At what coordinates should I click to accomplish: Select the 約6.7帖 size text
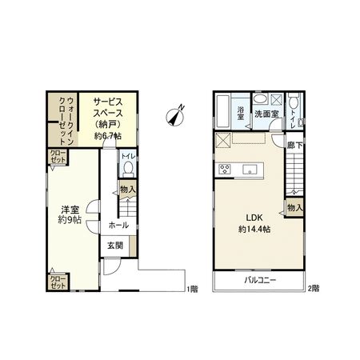[x=106, y=136]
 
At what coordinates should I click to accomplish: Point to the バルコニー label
[x=260, y=281]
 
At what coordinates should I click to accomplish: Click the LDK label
[x=254, y=217]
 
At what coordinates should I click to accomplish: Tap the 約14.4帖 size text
[x=254, y=229]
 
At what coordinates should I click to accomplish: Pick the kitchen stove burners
[x=225, y=169]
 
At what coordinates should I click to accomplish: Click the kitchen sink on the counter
[x=249, y=169]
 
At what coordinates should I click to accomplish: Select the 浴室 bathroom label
[x=242, y=114]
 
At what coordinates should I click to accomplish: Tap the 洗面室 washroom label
[x=266, y=114]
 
